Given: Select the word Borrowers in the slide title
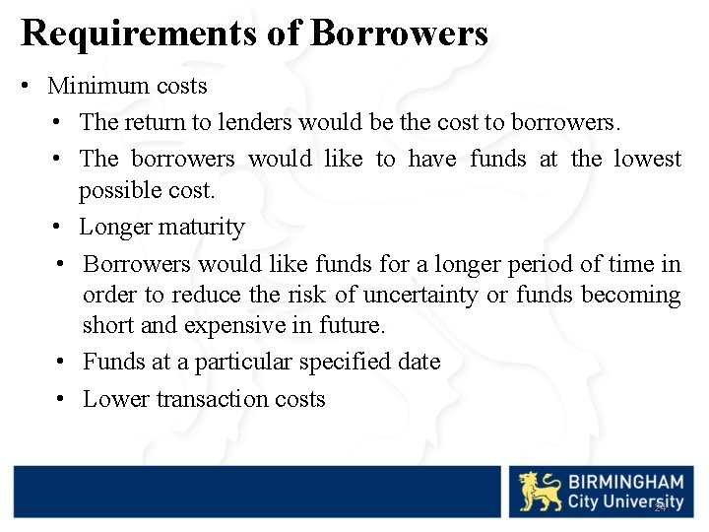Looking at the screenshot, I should (399, 33).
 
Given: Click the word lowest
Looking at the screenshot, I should (647, 159).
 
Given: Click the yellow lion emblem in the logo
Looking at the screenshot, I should (540, 492).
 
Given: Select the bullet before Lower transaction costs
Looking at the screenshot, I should (61, 399).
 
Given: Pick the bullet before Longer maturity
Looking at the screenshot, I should (59, 228).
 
